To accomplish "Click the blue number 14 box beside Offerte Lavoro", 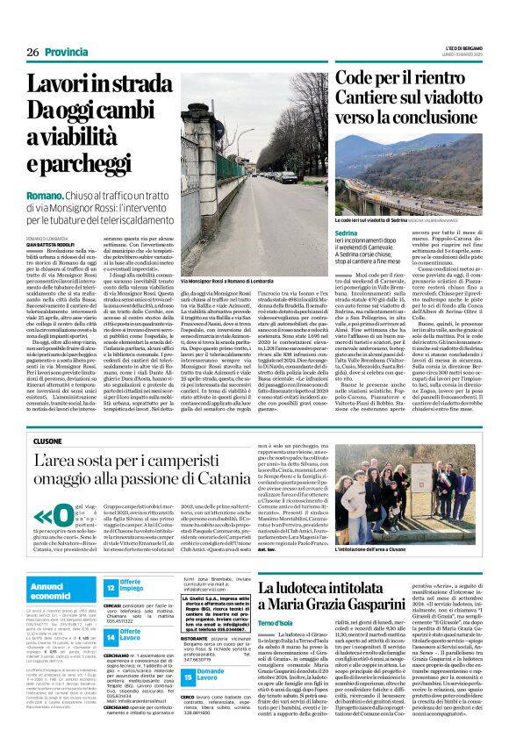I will (x=111, y=634).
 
